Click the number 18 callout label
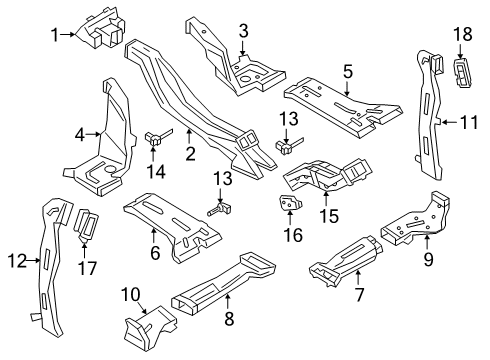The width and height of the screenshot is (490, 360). click(x=463, y=34)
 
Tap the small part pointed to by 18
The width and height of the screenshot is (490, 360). click(x=461, y=73)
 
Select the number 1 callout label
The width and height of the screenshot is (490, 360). click(x=55, y=35)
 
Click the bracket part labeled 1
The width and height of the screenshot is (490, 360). click(x=101, y=28)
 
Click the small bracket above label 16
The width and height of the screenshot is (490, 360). click(x=289, y=203)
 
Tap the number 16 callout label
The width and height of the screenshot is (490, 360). click(x=293, y=234)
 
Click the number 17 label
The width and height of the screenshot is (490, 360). click(x=87, y=268)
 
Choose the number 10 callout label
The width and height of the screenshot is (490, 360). click(x=131, y=294)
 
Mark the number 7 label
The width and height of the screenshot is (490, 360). click(x=359, y=294)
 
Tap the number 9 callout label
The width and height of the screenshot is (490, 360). click(x=428, y=259)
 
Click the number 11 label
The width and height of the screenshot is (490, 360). click(x=469, y=122)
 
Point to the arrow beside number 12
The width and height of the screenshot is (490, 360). click(x=34, y=261)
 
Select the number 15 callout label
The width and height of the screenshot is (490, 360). click(x=329, y=216)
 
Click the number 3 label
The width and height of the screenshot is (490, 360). click(x=244, y=31)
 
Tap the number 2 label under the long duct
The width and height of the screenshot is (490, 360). click(x=190, y=154)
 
